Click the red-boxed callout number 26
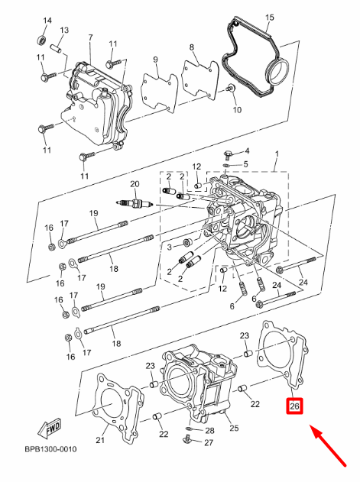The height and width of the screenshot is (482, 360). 294,407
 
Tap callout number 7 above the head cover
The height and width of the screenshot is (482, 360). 89,37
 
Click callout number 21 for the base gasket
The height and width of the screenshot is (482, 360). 100,439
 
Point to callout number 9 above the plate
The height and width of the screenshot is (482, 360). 154,60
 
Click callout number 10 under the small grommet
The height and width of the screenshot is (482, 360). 236,110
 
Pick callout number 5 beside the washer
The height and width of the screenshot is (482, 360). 245,164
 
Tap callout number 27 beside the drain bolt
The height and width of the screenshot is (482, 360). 209,443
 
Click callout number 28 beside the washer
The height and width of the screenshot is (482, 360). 209,431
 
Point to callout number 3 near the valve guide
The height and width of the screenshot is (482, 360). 169,247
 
